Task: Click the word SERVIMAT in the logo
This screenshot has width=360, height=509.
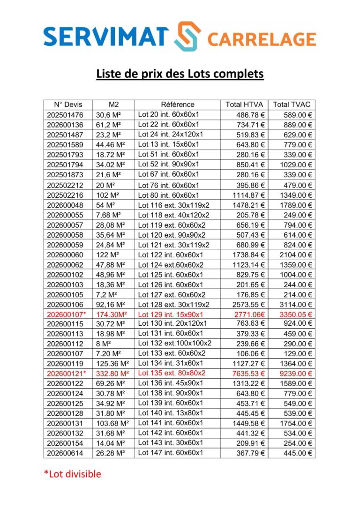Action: click(x=105, y=36)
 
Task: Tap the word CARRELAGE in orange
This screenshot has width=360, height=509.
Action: click(x=261, y=38)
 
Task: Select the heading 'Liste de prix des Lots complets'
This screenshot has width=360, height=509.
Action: click(x=180, y=74)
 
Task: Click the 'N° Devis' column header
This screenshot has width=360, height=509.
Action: click(x=68, y=105)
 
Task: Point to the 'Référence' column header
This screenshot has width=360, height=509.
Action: click(x=177, y=105)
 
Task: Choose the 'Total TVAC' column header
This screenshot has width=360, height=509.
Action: click(x=292, y=105)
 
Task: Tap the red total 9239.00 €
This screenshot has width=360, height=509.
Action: click(x=296, y=374)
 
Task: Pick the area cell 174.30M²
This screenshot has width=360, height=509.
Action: click(x=112, y=314)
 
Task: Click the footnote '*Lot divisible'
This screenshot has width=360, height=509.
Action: click(x=72, y=474)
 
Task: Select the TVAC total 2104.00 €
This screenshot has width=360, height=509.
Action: click(x=296, y=255)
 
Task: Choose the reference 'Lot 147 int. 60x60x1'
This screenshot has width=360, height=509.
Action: click(x=170, y=453)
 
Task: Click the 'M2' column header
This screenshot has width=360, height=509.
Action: click(x=113, y=105)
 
